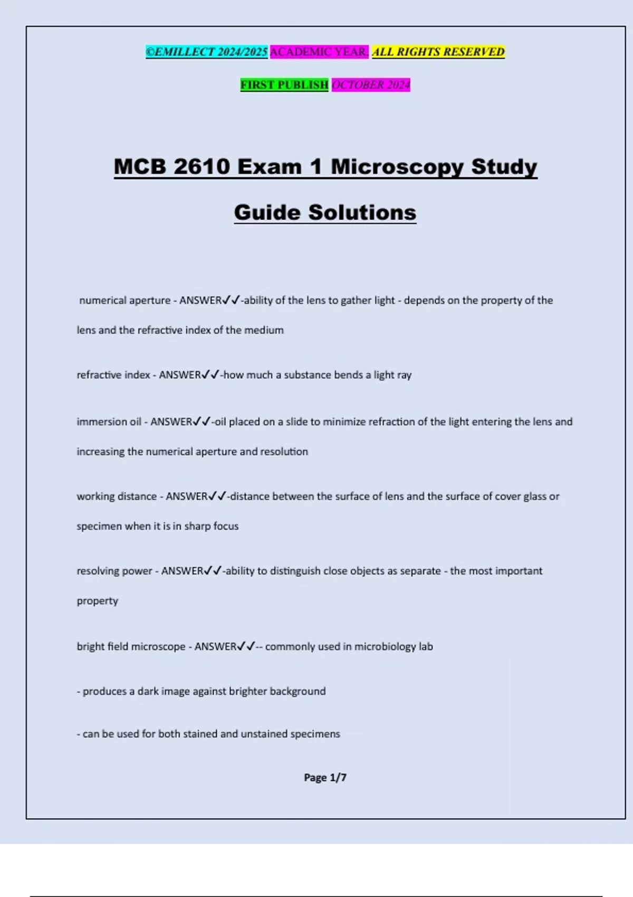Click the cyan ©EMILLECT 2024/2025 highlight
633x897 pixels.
(206, 52)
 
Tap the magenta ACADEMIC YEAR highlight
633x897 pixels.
(319, 52)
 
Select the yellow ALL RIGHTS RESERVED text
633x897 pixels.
(438, 52)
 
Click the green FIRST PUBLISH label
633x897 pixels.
(284, 84)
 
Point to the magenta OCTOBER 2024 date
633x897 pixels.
(370, 84)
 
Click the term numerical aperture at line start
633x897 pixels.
(124, 300)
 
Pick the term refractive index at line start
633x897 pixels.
(113, 375)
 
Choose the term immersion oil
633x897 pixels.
(109, 422)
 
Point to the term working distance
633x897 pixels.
(117, 497)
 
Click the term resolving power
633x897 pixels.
(114, 571)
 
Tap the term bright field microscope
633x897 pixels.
(131, 646)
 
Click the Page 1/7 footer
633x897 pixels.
(325, 777)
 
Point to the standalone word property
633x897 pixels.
(97, 601)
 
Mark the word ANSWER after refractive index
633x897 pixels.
(180, 375)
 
